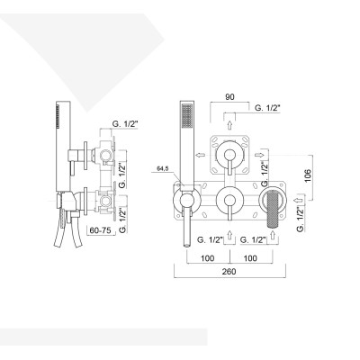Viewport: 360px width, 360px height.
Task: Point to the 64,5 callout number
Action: click(163, 167)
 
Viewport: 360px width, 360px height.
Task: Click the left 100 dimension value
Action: click(206, 256)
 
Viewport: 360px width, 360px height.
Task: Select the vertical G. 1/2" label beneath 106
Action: click(298, 217)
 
